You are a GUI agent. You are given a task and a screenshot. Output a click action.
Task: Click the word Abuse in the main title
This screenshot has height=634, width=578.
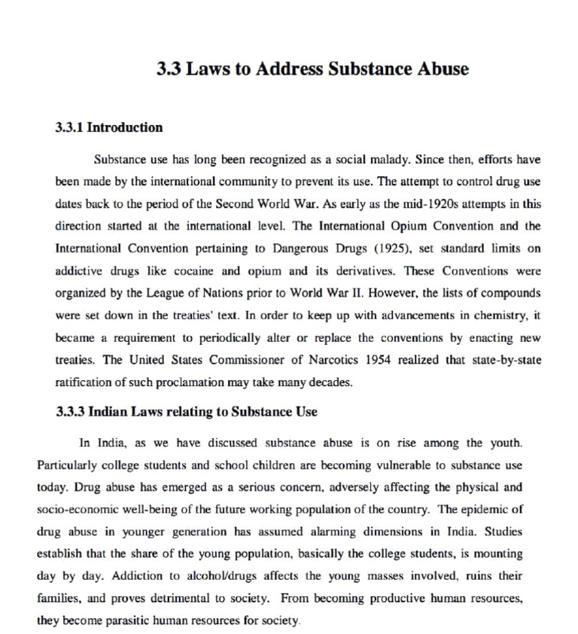click(x=441, y=69)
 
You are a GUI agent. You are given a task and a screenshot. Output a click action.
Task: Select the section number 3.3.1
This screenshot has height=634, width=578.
click(x=70, y=127)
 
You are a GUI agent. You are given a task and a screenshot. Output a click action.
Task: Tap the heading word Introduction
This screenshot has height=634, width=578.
click(x=125, y=127)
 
